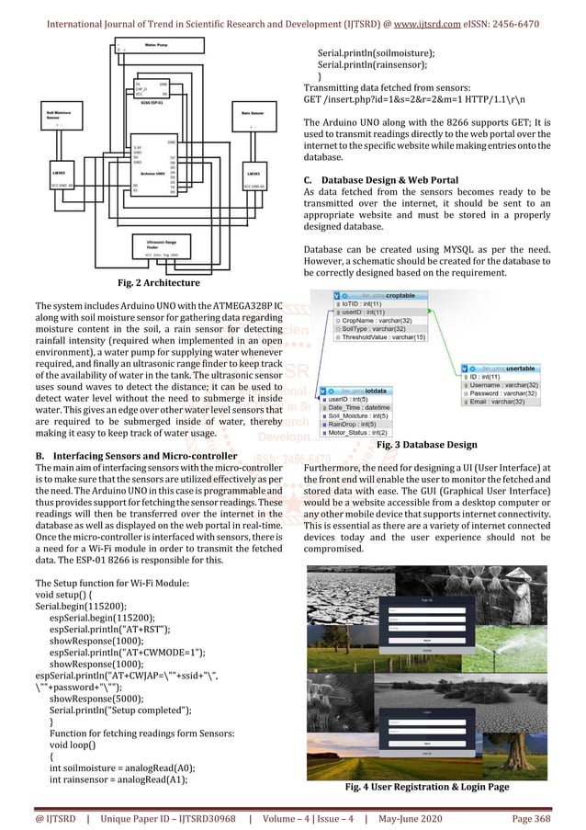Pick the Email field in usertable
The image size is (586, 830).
pos(501,402)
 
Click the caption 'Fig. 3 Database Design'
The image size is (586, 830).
pos(426,446)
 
